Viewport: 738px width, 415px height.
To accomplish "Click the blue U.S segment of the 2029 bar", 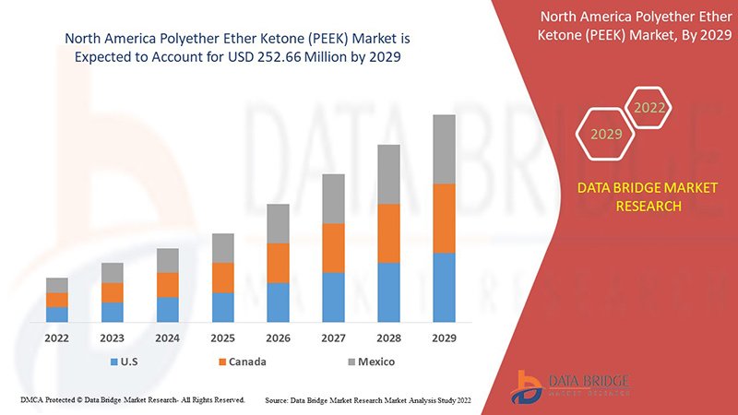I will [444, 287].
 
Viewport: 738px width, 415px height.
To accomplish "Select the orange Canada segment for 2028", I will [388, 233].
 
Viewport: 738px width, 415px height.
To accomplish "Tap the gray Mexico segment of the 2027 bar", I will [333, 198].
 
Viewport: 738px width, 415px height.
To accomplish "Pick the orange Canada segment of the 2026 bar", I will [278, 263].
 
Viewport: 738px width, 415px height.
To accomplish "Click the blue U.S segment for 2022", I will [57, 314].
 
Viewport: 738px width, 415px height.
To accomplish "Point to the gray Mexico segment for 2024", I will [167, 260].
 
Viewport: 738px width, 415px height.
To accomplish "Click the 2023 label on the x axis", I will [113, 338].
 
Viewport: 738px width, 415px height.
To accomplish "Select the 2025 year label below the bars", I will [222, 338].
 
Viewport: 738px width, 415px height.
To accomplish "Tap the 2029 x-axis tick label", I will [444, 338].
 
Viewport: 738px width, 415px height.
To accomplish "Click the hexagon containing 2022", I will [649, 108].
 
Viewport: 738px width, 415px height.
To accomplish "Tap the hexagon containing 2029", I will [606, 135].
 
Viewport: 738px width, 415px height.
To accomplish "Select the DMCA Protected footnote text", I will [132, 400].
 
